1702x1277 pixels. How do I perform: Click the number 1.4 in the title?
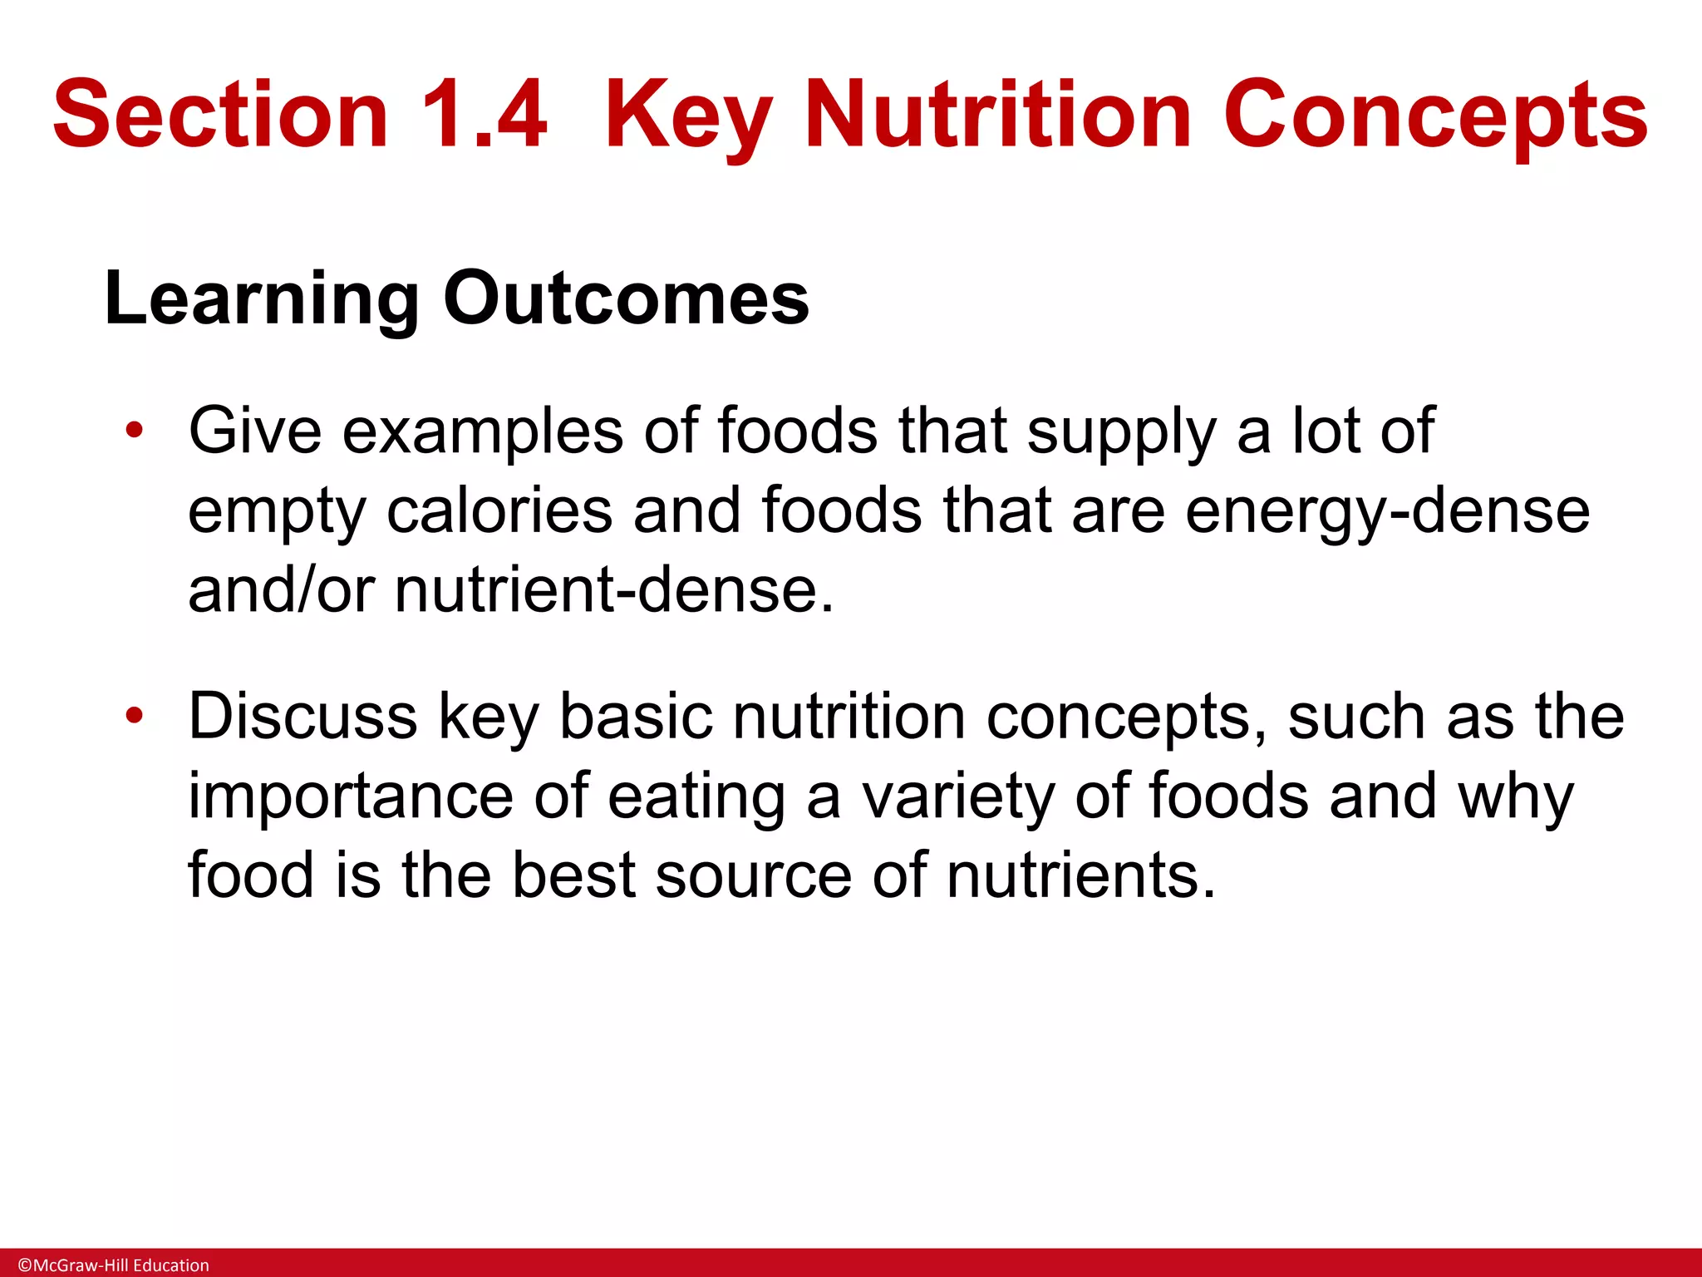tap(485, 114)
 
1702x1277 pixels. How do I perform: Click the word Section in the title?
tap(220, 114)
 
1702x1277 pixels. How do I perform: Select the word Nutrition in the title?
tap(1001, 114)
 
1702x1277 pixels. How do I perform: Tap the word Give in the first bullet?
tap(254, 431)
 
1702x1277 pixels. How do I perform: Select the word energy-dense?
tap(1387, 511)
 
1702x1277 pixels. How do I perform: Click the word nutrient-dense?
tap(613, 590)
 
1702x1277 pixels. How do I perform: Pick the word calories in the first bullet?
tap(499, 511)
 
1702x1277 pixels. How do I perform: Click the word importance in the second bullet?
tap(350, 796)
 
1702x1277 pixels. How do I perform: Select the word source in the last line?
tap(753, 875)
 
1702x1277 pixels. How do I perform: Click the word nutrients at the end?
tap(1080, 875)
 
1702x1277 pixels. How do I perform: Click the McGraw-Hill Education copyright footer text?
tap(114, 1265)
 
